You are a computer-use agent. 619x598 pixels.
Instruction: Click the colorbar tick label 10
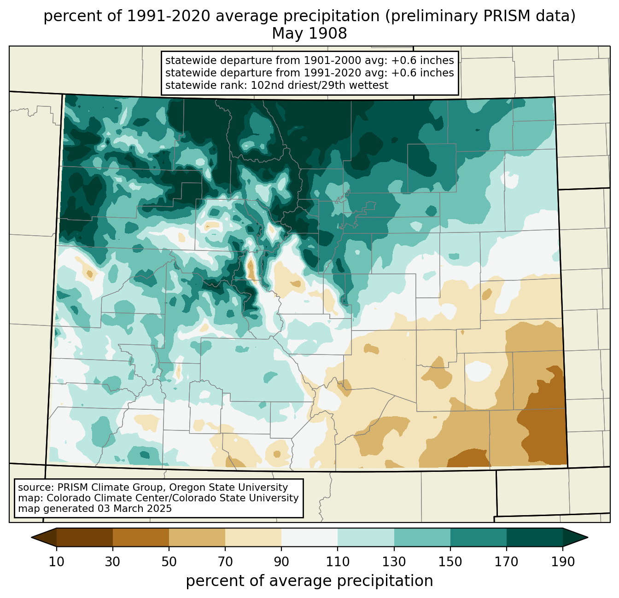coord(57,562)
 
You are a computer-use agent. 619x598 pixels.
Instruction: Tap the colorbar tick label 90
coord(281,562)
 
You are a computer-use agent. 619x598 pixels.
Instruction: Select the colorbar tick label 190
coord(562,562)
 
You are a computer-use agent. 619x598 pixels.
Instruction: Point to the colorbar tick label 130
coord(394,562)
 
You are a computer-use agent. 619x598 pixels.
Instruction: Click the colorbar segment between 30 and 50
coord(141,537)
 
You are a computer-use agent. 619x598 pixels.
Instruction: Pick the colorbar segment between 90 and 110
coord(309,537)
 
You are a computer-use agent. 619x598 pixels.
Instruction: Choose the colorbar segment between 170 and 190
coord(534,537)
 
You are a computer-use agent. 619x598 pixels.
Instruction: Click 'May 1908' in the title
coord(309,34)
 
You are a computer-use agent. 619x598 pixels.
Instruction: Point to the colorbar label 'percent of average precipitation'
coord(309,581)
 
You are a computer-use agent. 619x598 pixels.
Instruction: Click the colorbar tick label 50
coord(169,562)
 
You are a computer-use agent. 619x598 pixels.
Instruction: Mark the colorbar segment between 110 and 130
coord(366,537)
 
